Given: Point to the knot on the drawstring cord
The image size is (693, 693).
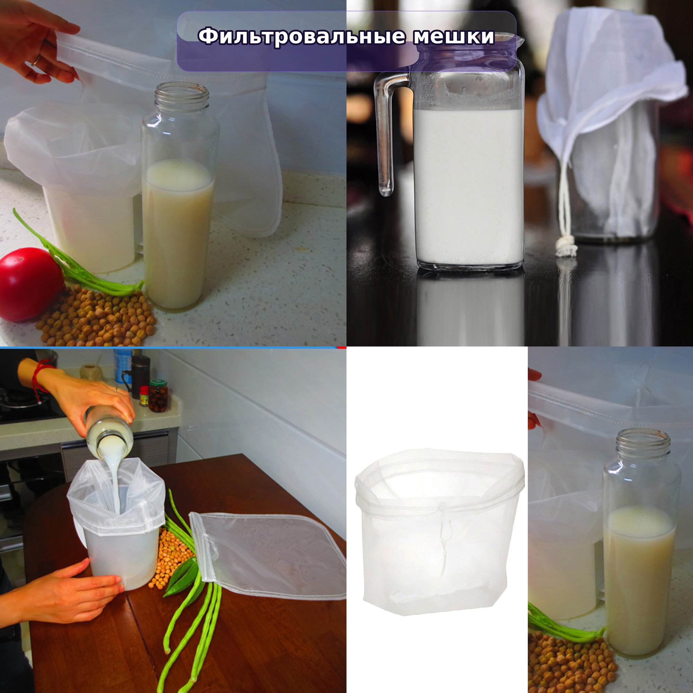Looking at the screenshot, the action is click(x=566, y=247).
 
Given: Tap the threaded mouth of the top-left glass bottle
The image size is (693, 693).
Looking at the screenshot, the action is click(x=182, y=96).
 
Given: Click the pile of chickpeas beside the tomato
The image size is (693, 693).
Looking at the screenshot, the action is click(x=96, y=315).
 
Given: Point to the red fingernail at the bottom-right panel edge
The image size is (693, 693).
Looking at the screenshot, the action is click(x=534, y=375).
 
